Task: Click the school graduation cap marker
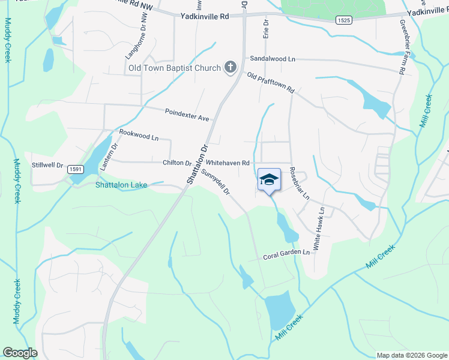coord(270,179)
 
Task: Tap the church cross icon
coord(230,68)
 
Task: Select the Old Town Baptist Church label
coord(175,68)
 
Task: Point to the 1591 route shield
coord(75,170)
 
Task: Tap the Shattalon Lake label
coord(120,185)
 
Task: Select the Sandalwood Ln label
coord(273,59)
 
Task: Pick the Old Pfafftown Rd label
coord(271,82)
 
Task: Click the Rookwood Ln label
coord(139,134)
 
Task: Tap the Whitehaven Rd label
coord(228,163)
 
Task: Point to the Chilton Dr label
coord(176,163)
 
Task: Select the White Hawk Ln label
coord(318,229)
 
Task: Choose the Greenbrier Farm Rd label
coord(401,47)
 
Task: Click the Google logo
coord(20,353)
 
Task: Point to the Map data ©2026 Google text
coord(411,355)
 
